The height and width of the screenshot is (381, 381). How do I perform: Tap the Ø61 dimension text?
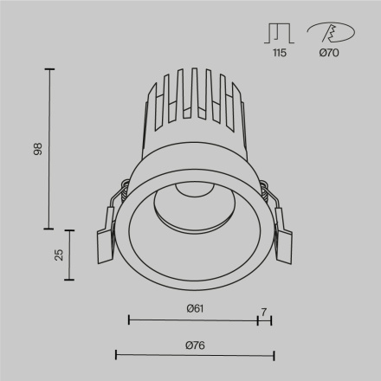tap(194, 308)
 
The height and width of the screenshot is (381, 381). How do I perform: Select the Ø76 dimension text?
tap(194, 345)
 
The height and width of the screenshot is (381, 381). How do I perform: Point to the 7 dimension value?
tap(264, 308)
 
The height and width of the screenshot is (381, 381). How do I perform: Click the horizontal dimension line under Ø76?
tap(194, 355)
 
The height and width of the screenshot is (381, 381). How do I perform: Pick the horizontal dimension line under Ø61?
tap(193, 320)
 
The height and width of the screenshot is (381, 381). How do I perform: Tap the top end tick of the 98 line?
tap(49, 68)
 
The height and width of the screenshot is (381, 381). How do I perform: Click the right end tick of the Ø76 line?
tap(273, 355)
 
